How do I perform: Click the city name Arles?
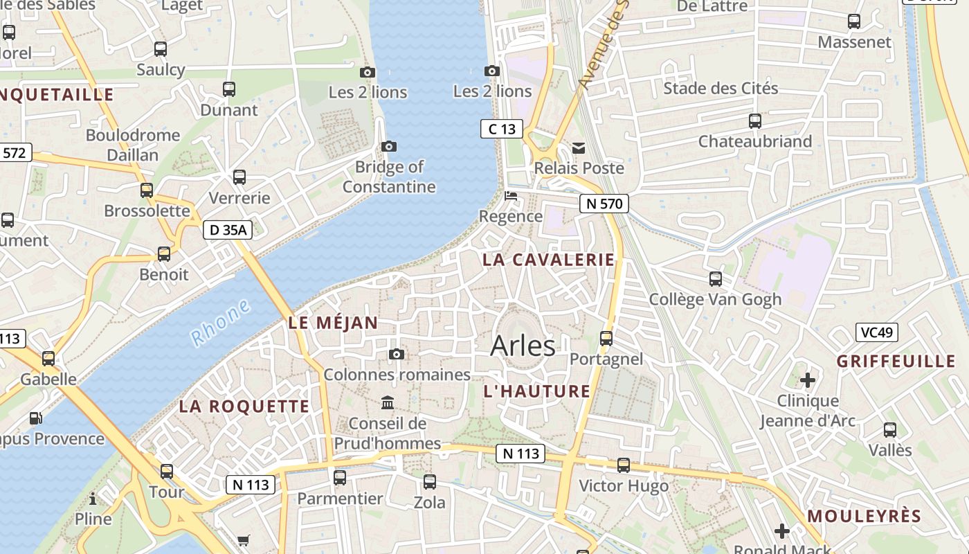pos(523,346)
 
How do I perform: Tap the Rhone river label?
pos(221,323)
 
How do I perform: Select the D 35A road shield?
pos(228,230)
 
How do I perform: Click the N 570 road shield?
pos(604,204)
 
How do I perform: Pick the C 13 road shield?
pos(501,129)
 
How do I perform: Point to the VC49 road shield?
pos(876,332)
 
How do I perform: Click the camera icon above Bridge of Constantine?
pos(389,146)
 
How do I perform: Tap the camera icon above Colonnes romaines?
pos(397,355)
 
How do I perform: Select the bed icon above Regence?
pos(511,196)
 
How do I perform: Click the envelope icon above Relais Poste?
pos(579,148)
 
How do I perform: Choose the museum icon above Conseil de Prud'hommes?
pos(388,402)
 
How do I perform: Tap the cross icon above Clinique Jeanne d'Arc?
pos(807,379)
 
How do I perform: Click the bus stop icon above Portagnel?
pos(606,338)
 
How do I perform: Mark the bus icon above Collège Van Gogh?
pos(716,279)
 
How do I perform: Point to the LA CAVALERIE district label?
pos(548,260)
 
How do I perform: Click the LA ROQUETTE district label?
pos(244,406)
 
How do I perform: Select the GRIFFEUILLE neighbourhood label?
pos(896,361)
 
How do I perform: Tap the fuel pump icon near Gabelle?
pos(35,418)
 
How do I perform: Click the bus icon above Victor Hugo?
pos(624,465)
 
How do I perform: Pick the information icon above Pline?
pos(93,499)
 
